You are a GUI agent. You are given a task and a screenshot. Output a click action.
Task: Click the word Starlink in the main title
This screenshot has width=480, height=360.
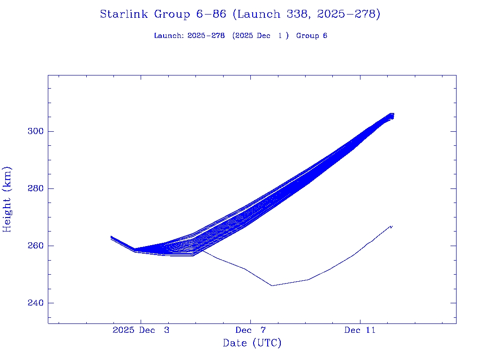click(124, 15)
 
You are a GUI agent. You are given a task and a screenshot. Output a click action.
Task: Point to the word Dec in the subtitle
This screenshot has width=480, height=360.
click(263, 36)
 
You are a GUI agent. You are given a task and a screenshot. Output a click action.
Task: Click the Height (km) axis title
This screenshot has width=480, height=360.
click(7, 199)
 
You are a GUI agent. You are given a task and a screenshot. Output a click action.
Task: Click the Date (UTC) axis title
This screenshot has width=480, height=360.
click(252, 344)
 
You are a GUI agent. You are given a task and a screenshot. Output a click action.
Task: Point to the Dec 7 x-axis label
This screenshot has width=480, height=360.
click(250, 330)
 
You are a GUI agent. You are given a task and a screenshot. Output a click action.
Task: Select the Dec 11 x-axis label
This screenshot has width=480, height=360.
click(360, 330)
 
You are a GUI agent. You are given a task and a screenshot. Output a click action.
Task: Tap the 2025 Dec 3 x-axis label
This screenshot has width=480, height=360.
click(141, 330)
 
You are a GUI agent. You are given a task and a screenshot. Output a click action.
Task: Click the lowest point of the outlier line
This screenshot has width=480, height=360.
click(272, 285)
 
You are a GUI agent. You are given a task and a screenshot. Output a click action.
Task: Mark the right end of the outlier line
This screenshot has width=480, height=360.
click(392, 226)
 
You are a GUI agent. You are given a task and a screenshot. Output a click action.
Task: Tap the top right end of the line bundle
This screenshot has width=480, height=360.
click(392, 114)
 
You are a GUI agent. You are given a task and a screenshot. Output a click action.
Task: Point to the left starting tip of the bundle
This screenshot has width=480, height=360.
click(111, 237)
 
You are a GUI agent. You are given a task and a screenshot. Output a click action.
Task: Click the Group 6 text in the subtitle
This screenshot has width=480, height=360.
click(312, 36)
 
